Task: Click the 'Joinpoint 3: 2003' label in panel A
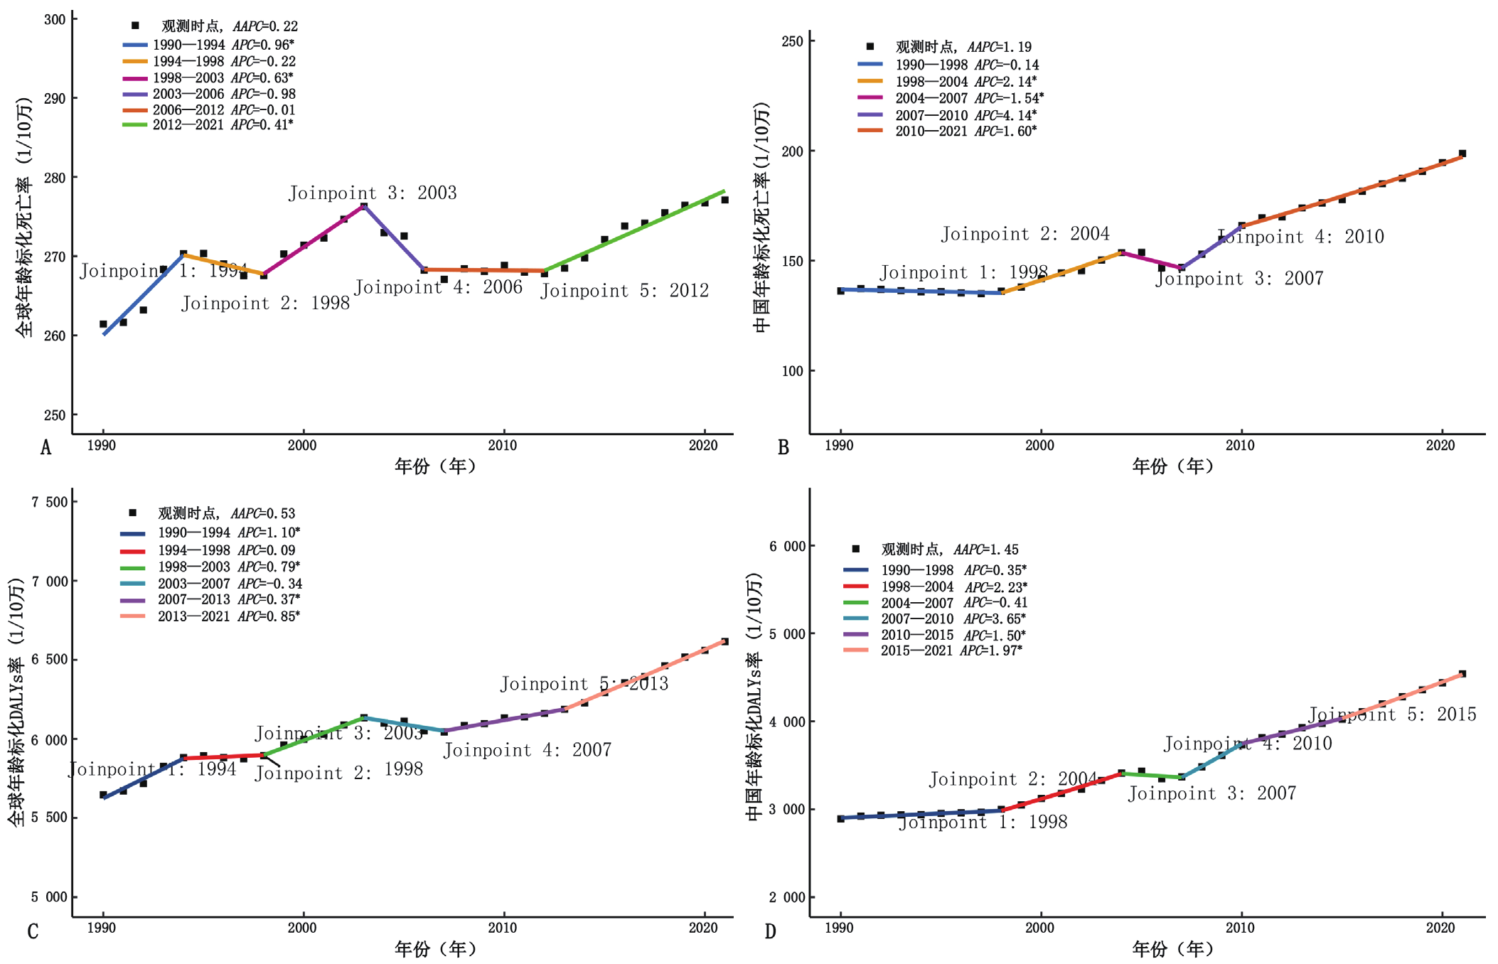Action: [373, 193]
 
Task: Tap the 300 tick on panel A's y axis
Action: [55, 20]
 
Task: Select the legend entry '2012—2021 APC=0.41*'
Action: [223, 125]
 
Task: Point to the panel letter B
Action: [783, 447]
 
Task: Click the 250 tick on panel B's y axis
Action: [792, 41]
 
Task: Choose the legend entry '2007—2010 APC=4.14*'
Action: [965, 115]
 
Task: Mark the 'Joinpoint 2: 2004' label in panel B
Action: [1025, 234]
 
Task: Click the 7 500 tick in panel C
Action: [50, 502]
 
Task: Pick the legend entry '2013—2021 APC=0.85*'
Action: [228, 616]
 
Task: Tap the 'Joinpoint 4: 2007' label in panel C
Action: [528, 750]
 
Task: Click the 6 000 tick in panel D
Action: [787, 546]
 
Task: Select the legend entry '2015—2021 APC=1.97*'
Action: [951, 650]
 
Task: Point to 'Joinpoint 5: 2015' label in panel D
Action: [1392, 714]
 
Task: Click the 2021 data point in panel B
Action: [1462, 154]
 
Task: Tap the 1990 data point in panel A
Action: [103, 324]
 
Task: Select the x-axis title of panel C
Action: [435, 949]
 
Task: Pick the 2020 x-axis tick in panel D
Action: [1440, 928]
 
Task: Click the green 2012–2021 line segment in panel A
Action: [633, 230]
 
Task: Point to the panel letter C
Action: [33, 931]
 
